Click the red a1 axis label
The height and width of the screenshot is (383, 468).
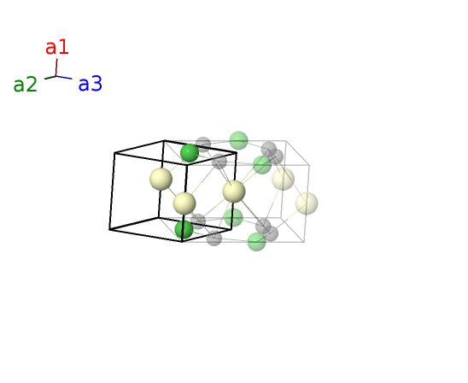(x=57, y=48)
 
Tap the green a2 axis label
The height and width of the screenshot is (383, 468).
(x=26, y=85)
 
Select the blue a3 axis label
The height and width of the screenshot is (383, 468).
(x=91, y=84)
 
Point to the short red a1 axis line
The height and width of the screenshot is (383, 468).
(x=56, y=68)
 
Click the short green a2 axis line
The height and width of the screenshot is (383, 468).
(x=50, y=78)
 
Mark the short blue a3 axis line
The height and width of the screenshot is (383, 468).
(x=64, y=78)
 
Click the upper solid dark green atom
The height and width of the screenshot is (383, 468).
(x=190, y=153)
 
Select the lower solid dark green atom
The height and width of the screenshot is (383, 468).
(x=184, y=229)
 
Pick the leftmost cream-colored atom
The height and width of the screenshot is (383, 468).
(x=161, y=179)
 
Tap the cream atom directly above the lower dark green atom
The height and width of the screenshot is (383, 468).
(x=184, y=203)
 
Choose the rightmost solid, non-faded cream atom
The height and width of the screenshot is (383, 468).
(x=234, y=191)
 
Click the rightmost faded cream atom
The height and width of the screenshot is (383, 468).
(x=307, y=203)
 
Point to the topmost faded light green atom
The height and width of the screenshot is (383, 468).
(x=239, y=140)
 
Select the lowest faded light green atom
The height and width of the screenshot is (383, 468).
(x=257, y=242)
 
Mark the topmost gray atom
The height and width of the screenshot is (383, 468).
(x=203, y=144)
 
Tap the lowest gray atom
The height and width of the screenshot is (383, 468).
(x=214, y=239)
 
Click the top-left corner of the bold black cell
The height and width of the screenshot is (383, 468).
(x=114, y=153)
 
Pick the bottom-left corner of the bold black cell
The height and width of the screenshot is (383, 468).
(x=109, y=229)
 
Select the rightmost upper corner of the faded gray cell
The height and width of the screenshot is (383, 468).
(x=309, y=165)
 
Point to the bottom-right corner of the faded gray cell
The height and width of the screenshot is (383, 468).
(x=304, y=242)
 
